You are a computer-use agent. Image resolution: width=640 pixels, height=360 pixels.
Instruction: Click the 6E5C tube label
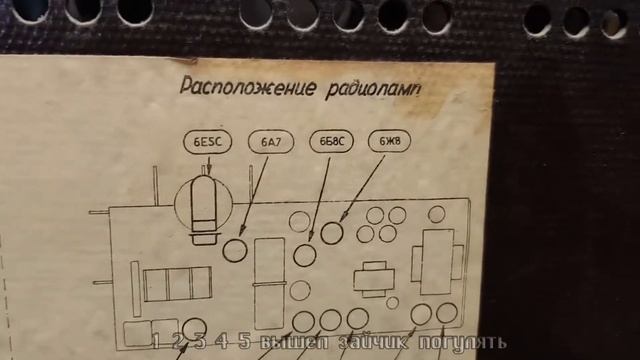tap(207, 142)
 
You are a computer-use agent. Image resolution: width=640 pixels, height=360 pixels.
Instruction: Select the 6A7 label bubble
tap(270, 142)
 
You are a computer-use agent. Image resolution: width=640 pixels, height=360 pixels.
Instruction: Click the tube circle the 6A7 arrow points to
tap(235, 250)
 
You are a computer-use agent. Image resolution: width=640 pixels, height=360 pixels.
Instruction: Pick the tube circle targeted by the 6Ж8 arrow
tap(333, 233)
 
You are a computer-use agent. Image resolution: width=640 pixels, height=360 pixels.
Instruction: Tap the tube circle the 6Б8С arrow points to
tap(305, 255)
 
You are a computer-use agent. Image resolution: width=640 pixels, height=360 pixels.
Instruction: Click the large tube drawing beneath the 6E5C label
tap(203, 206)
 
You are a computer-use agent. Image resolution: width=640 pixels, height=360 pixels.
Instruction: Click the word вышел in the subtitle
tap(289, 342)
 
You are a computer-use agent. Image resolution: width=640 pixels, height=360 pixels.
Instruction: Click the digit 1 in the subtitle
tap(156, 340)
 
